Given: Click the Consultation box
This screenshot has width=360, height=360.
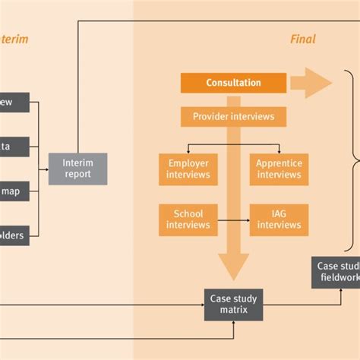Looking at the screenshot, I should point(233,83).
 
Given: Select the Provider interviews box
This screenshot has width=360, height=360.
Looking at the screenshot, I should point(233,117).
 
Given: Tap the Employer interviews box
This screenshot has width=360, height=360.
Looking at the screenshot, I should point(188,169).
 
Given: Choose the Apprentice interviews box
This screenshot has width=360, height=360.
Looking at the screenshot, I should point(279,169).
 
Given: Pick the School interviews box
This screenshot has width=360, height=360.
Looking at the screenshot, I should point(188,219).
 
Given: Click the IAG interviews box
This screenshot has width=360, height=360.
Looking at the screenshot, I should point(279,219).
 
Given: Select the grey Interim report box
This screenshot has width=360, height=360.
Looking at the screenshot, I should point(77,169).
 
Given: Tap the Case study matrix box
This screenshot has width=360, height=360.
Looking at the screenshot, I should point(233,305).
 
